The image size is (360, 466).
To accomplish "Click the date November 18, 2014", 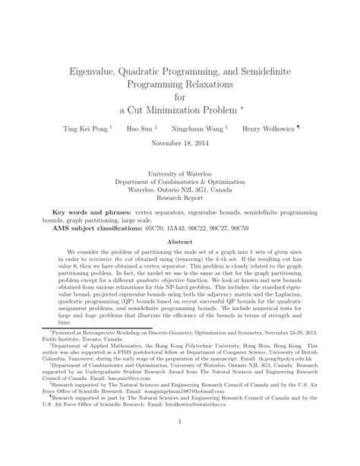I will pos(180,142).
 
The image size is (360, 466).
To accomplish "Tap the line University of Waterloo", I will pos(180,174).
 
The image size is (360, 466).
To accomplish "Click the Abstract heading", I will pos(180,241).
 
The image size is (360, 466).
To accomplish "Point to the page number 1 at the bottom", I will pos(180,441).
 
